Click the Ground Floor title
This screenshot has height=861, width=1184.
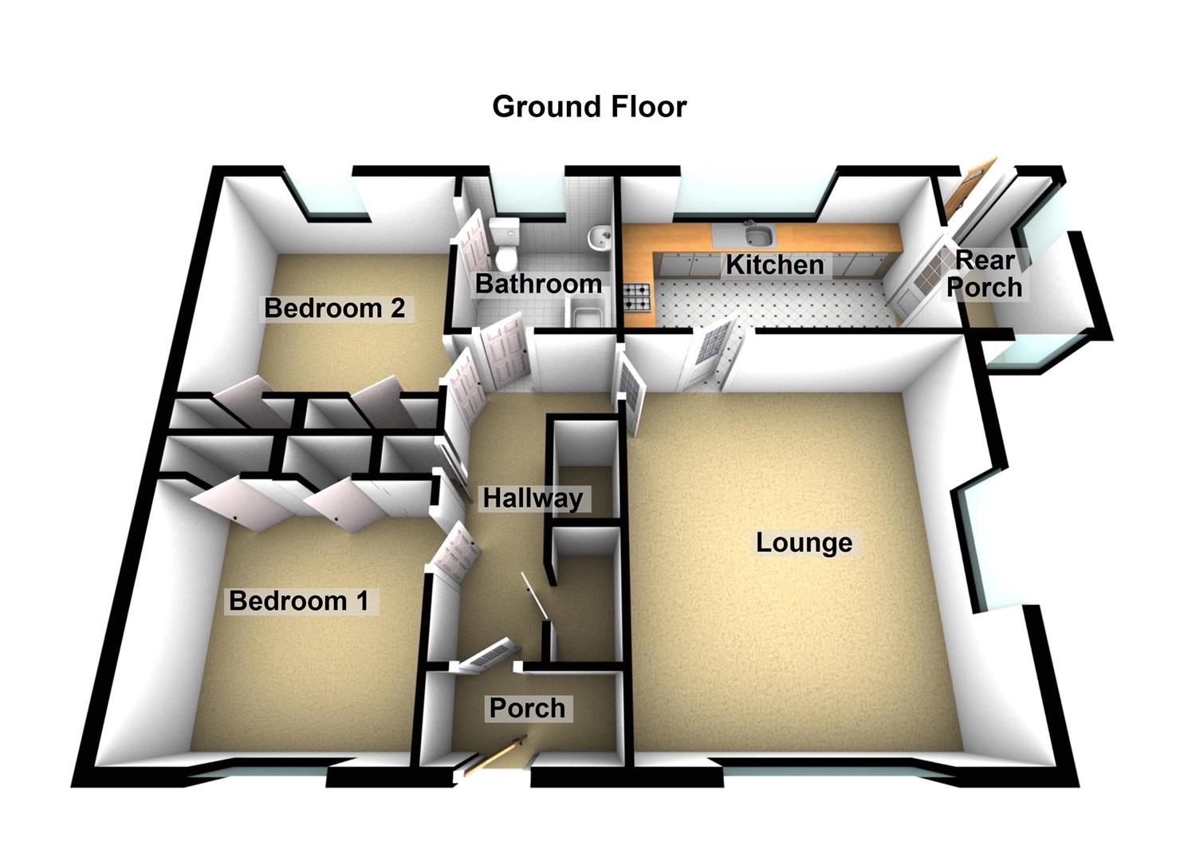pos(589,107)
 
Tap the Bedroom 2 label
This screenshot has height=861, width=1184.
pos(335,308)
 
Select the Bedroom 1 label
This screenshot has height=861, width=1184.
pos(299,600)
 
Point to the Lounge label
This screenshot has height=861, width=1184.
pos(804,543)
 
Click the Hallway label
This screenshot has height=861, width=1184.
pos(533,499)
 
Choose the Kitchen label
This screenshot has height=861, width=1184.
pos(774,265)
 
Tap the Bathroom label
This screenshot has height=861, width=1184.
pos(538,284)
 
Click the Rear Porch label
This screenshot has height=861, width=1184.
pos(985,273)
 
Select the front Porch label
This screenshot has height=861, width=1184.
pos(527,708)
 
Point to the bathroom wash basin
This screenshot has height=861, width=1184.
pos(598,237)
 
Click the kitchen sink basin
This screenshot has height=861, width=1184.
pos(756,235)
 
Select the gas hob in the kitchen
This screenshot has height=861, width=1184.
pos(638,298)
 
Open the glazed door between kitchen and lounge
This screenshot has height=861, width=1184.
pos(712,354)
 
